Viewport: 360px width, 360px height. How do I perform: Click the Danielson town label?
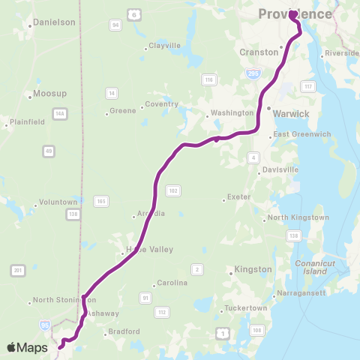[x=54, y=23]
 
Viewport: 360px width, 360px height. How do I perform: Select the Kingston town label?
[x=253, y=268]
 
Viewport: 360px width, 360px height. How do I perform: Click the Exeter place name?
[x=238, y=198]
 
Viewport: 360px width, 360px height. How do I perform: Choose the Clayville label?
[x=165, y=46]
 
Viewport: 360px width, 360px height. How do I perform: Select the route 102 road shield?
[x=173, y=191]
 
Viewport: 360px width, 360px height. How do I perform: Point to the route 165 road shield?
[x=100, y=200]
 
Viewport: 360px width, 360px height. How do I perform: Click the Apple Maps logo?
[x=28, y=346]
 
